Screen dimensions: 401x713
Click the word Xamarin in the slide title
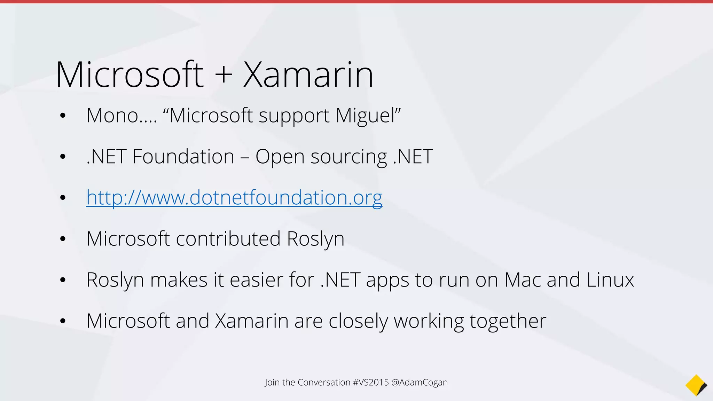pos(308,74)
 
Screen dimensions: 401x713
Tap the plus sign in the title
pos(224,75)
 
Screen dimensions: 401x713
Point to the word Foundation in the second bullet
pos(183,156)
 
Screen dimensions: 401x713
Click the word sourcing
pos(348,157)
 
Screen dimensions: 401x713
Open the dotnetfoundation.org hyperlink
pos(234,197)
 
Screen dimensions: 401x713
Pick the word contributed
pos(228,238)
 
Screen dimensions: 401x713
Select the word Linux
pos(610,280)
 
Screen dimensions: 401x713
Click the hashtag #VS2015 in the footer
pos(370,382)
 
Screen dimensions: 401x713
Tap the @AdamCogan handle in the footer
pos(420,382)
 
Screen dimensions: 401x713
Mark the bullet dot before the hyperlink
pos(63,198)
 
